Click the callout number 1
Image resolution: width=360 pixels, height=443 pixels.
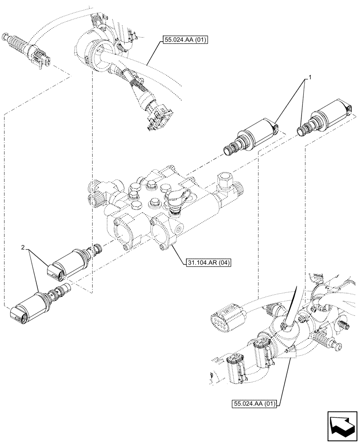310,78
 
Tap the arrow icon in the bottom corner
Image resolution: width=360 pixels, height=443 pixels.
341,424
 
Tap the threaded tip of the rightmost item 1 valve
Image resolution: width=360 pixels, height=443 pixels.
303,130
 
